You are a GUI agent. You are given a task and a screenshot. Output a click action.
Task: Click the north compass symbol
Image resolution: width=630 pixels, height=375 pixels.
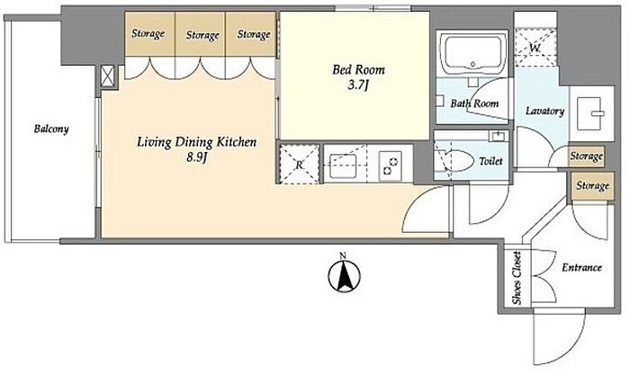(x=344, y=274)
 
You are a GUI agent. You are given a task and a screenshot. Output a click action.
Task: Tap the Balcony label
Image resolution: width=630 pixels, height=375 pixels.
(x=51, y=129)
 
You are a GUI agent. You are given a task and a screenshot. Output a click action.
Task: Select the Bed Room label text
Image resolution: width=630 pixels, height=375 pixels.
(x=358, y=70)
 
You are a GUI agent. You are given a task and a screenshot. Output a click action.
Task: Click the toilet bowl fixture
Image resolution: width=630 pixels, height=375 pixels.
(x=459, y=161)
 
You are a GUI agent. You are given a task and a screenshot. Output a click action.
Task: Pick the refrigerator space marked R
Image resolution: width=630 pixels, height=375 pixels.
(x=300, y=164)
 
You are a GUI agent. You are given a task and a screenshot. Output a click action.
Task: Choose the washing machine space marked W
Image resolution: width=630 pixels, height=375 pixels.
(x=535, y=48)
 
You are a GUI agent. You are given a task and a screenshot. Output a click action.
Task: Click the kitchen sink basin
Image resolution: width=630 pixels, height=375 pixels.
(x=343, y=165)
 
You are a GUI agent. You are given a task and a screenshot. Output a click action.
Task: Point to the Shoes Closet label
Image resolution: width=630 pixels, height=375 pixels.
(x=517, y=278)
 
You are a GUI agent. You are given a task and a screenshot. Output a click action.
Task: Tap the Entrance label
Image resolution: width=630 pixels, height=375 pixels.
(x=581, y=267)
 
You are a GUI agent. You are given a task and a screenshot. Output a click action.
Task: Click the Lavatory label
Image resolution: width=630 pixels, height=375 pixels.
(x=544, y=111)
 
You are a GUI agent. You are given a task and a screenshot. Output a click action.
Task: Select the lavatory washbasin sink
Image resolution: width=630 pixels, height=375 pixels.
(x=589, y=113)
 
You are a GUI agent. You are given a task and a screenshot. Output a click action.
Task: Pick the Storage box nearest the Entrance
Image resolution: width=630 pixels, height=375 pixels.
(x=592, y=186)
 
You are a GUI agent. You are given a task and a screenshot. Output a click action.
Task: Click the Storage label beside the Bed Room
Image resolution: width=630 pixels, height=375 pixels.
(x=254, y=34)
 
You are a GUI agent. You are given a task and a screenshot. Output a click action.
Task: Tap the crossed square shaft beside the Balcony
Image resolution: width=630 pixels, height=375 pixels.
(x=107, y=76)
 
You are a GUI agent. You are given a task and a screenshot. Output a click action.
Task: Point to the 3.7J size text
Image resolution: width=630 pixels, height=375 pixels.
(x=358, y=85)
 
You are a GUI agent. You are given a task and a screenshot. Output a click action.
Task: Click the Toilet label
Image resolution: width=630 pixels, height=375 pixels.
(x=490, y=161)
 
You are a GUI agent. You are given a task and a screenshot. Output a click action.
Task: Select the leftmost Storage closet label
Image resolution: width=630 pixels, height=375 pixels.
(x=148, y=34)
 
